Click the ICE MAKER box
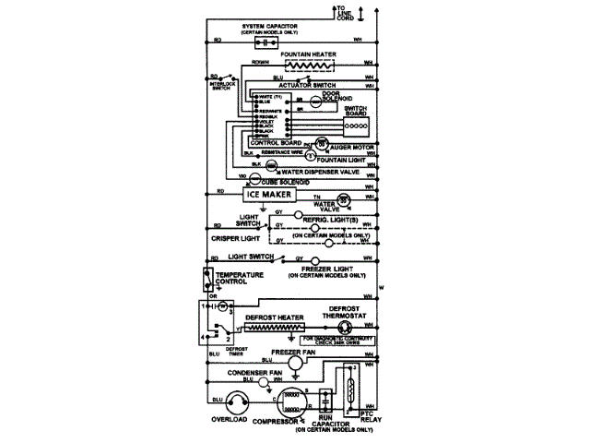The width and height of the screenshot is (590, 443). click(x=275, y=196)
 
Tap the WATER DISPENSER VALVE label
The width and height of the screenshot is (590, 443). click(x=318, y=172)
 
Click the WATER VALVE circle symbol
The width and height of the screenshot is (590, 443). click(x=342, y=200)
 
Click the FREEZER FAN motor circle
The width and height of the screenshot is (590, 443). click(x=295, y=365)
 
